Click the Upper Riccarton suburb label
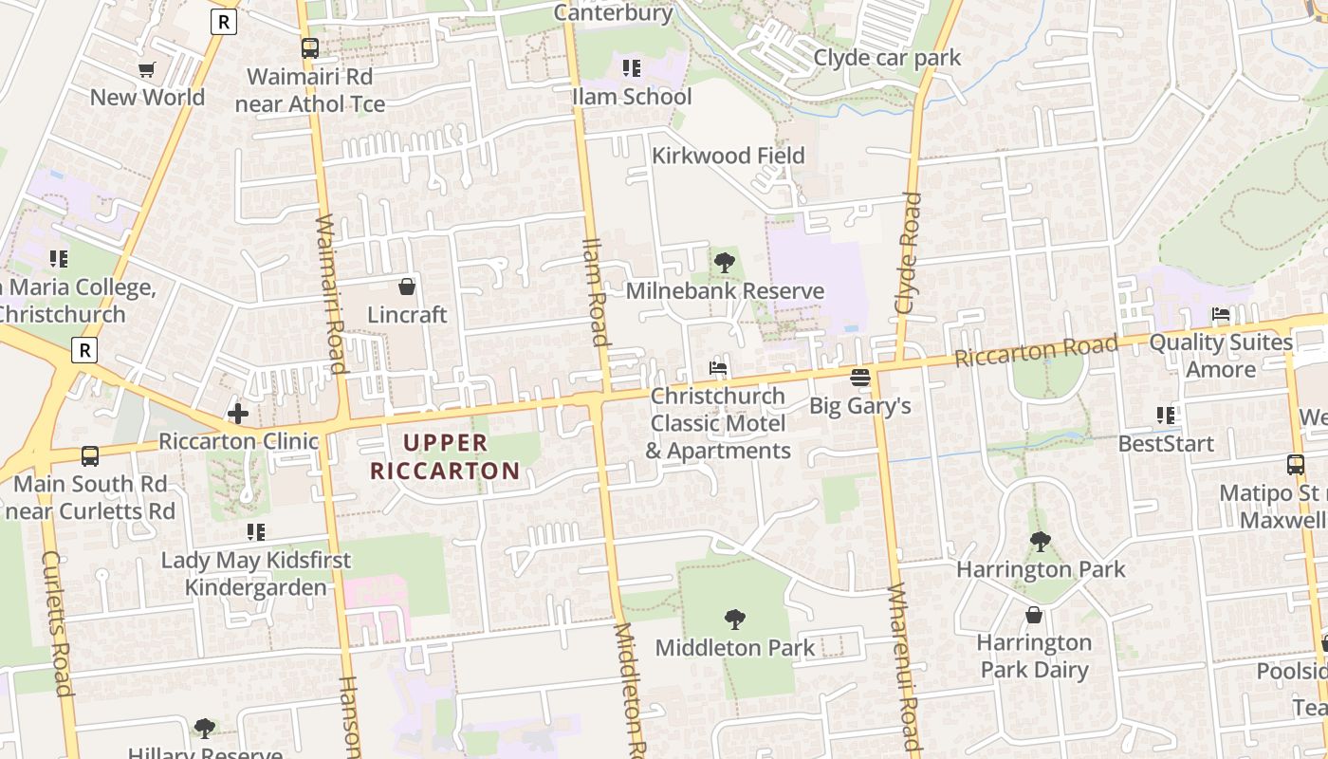pos(445,456)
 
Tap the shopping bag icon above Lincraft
pos(407,287)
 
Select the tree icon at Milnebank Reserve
pos(725,263)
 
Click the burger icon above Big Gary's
pos(860,378)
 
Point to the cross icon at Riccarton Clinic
pos(238,413)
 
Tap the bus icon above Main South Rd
pos(90,456)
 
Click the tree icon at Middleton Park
pos(734,620)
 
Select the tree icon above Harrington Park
pos(1041,542)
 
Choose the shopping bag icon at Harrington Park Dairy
pos(1034,615)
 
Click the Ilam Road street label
pos(595,291)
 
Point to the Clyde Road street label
pos(908,253)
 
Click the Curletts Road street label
pos(56,622)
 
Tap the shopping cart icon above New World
pos(147,69)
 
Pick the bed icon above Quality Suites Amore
pos(1221,314)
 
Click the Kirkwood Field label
pos(729,156)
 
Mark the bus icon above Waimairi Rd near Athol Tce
pos(310,48)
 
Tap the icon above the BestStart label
pos(1166,416)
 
